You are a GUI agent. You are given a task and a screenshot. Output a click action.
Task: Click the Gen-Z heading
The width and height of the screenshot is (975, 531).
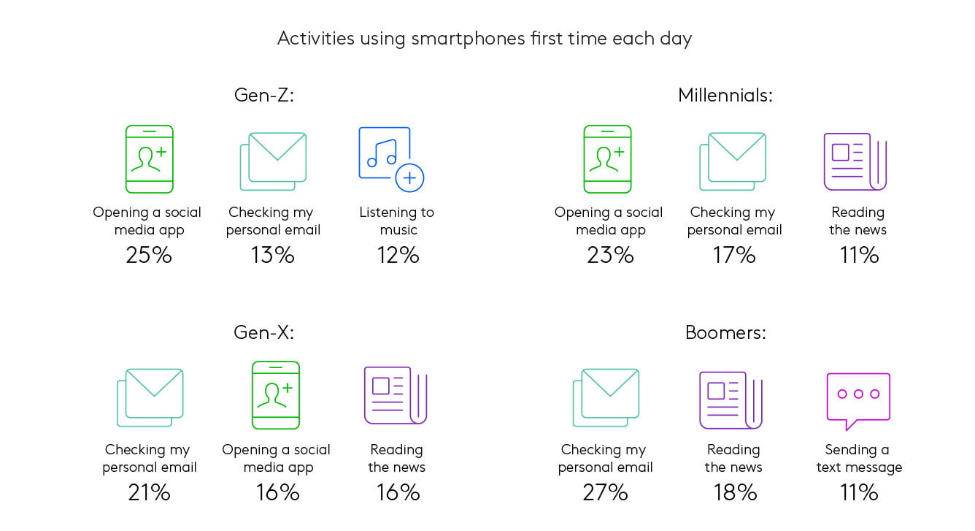264,95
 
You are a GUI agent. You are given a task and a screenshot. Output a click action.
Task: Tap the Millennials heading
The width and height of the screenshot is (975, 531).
725,95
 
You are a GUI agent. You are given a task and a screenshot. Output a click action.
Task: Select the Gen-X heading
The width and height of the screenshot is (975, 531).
263,332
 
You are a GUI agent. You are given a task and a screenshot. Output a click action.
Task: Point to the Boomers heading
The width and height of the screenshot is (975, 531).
725,332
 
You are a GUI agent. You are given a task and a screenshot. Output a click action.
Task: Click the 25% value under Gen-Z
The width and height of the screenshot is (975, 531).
149,255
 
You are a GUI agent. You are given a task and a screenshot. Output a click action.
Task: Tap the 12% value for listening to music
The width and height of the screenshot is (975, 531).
398,255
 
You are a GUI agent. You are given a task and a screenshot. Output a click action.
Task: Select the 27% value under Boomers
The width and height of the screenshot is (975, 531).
605,492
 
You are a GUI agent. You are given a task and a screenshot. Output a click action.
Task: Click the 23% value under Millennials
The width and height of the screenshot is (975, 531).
610,255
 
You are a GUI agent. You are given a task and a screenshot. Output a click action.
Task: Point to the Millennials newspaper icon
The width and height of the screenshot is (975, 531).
855,161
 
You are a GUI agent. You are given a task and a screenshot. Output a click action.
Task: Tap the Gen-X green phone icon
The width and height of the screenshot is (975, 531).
276,395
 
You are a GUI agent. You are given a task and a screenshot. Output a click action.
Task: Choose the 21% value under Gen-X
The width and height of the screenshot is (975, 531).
149,492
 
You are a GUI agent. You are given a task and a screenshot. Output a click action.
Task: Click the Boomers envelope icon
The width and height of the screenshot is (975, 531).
606,397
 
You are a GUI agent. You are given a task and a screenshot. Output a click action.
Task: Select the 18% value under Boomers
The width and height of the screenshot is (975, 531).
735,492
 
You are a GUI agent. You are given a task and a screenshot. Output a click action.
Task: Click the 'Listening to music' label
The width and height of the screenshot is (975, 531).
397,221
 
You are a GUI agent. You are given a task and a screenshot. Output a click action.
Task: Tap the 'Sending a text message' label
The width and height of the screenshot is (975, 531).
859,458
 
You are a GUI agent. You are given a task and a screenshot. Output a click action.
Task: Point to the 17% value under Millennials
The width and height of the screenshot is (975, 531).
734,255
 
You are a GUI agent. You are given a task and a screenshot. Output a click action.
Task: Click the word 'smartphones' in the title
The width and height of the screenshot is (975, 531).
469,39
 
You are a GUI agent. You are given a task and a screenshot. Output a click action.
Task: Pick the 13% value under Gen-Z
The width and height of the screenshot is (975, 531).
272,255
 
